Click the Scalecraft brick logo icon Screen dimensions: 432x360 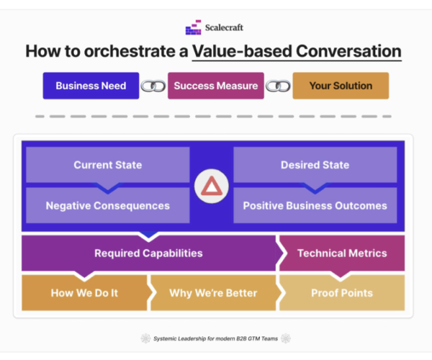(x=193, y=27)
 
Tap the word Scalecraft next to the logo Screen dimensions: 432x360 (x=224, y=27)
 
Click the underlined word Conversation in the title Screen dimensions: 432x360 (x=348, y=51)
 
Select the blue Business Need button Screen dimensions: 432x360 (x=91, y=86)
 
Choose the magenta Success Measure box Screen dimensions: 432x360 (x=216, y=86)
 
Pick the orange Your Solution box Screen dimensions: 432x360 (x=341, y=86)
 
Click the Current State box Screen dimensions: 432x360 (x=108, y=165)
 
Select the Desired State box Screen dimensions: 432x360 (x=315, y=165)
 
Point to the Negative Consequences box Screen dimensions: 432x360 (x=108, y=205)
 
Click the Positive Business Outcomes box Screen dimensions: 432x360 (x=315, y=205)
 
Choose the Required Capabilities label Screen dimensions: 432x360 (x=148, y=253)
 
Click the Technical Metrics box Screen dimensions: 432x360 (x=342, y=253)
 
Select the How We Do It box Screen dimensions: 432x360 (x=84, y=293)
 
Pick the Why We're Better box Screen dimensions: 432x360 (x=213, y=293)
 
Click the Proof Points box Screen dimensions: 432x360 (x=342, y=293)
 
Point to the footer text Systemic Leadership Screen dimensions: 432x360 (x=180, y=338)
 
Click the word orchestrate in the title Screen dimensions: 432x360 (x=130, y=51)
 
